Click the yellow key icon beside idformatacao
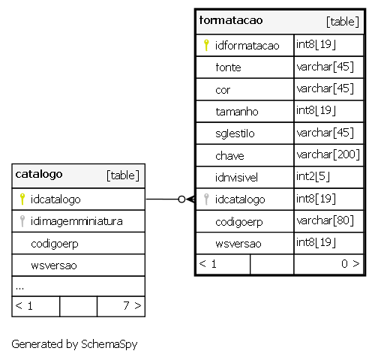206,45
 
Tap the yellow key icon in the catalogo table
22,199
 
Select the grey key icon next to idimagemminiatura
22,221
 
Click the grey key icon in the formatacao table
206,199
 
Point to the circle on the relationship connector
181,199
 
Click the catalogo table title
39,174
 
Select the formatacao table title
231,20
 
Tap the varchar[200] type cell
328,154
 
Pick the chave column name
229,156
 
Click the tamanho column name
237,112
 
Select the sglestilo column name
235,133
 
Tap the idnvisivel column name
236,178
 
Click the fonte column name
228,67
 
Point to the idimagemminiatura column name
76,221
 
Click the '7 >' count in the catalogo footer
132,305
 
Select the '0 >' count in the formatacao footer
350,263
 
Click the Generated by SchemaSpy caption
74,344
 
